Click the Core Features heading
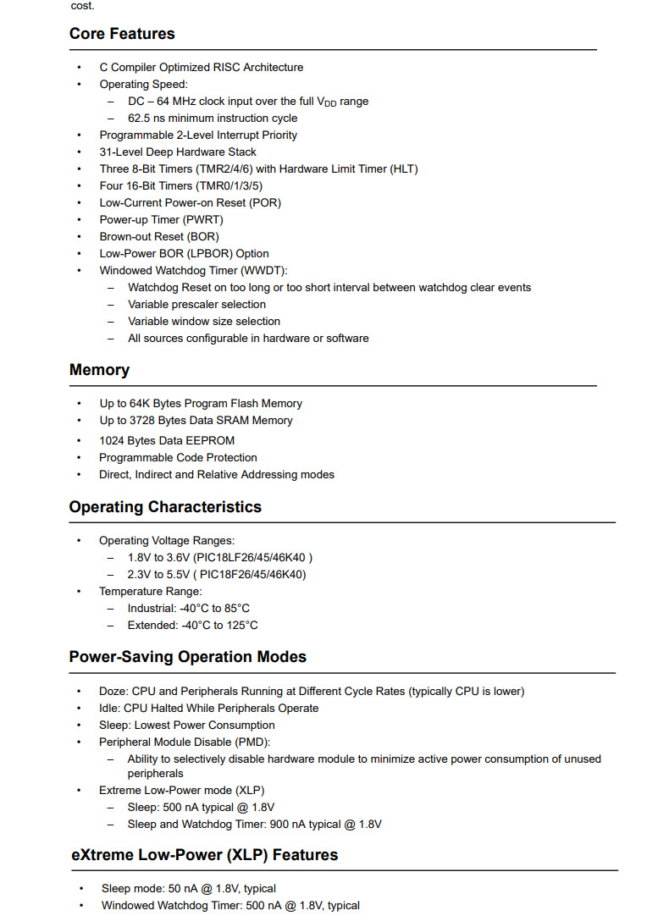click(x=122, y=34)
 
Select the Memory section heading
click(x=99, y=370)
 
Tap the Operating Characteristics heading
click(x=165, y=507)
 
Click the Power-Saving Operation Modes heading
click(x=187, y=657)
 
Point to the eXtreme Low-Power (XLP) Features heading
click(x=204, y=855)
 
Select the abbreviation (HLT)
click(x=404, y=168)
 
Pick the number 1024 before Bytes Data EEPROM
click(x=112, y=441)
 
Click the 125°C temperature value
click(x=243, y=626)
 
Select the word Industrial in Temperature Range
click(x=152, y=609)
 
